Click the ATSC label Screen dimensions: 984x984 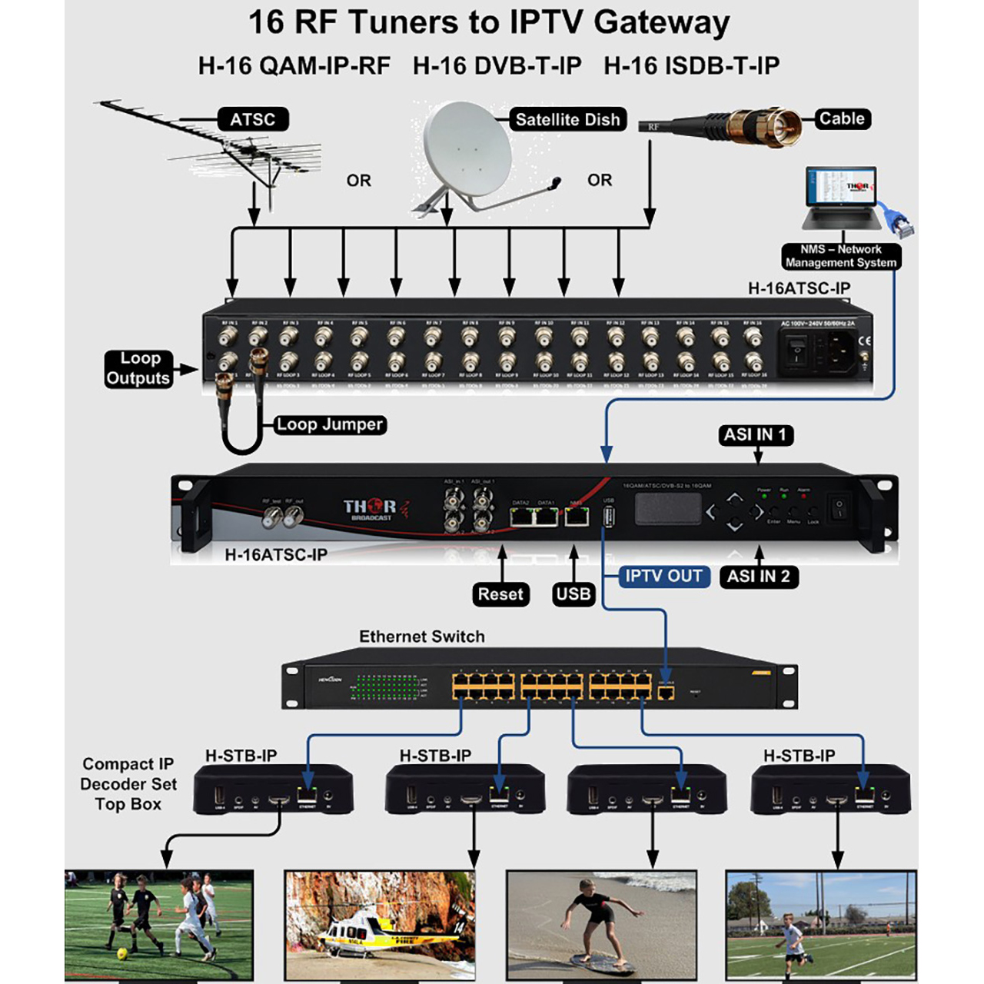point(252,119)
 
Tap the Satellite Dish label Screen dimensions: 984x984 point(567,119)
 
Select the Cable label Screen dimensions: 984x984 point(842,118)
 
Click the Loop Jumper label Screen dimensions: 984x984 point(330,424)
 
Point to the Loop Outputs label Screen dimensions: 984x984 point(138,368)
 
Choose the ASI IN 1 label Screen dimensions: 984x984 point(755,434)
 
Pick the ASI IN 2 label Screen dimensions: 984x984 point(758,576)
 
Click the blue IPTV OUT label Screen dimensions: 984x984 point(663,576)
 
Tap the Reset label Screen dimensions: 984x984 point(500,594)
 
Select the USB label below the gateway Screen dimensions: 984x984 point(573,594)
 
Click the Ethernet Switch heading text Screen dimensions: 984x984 point(422,637)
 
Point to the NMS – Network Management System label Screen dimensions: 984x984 point(840,256)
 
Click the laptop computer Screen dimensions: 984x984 point(841,198)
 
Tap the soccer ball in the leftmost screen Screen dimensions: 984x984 point(121,954)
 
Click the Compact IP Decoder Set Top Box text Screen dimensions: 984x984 point(128,784)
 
